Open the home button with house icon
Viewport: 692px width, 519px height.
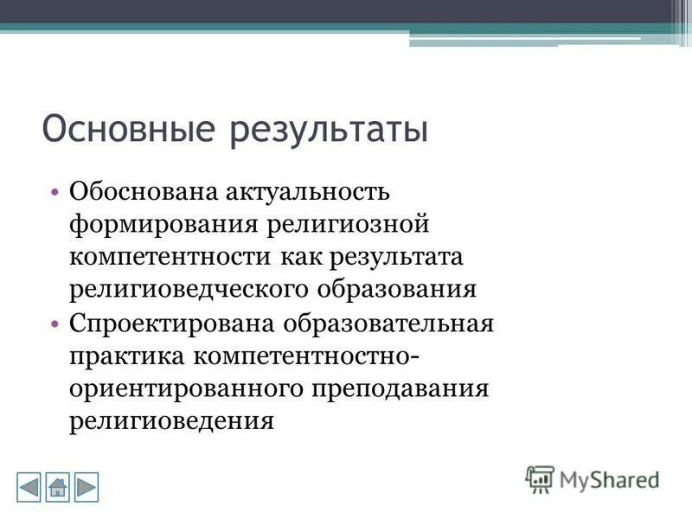pyautogui.click(x=58, y=486)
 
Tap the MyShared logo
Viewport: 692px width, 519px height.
pyautogui.click(x=593, y=478)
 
